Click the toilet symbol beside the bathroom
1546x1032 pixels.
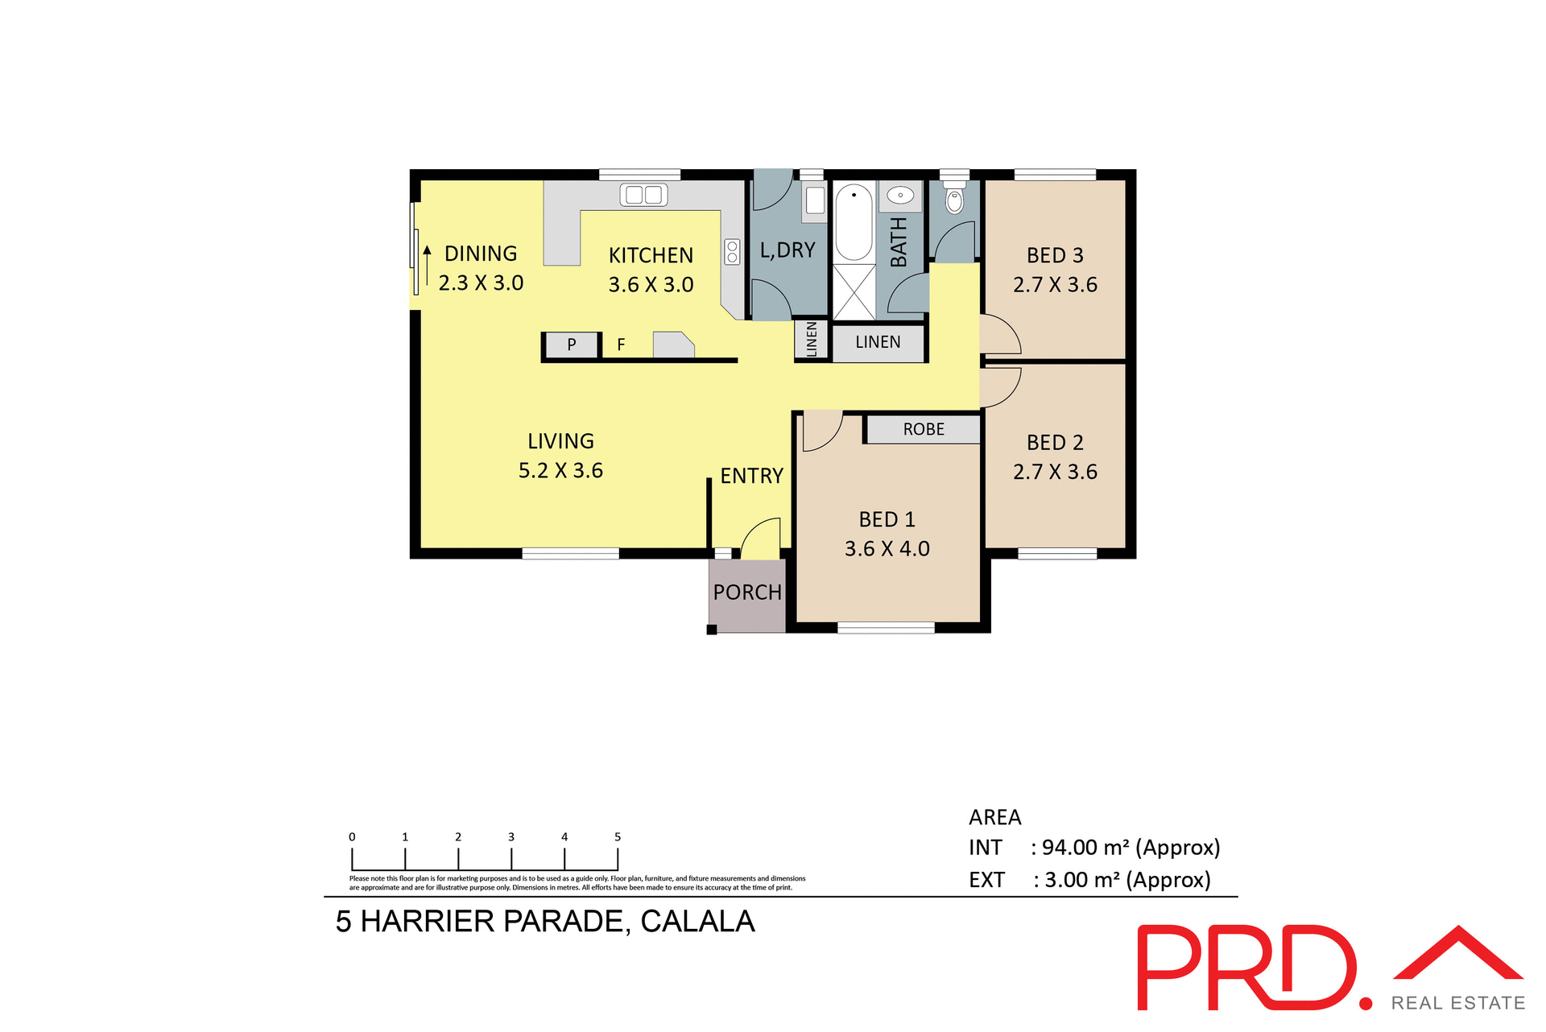point(954,200)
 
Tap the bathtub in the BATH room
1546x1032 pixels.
point(854,221)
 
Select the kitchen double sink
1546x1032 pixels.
point(643,194)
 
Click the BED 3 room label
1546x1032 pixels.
point(1055,255)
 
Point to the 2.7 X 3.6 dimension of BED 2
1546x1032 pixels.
point(1055,472)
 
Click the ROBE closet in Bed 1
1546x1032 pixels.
point(924,429)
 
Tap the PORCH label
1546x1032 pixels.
point(747,592)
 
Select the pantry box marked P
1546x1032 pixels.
point(572,345)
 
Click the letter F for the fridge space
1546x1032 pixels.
point(621,345)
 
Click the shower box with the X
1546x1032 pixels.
point(854,291)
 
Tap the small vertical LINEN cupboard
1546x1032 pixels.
point(812,339)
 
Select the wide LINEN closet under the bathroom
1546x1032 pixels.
point(878,343)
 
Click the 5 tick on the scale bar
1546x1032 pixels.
point(618,837)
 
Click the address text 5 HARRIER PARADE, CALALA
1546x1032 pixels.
point(545,921)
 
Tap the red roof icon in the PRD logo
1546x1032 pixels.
point(1458,955)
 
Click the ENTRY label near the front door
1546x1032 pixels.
point(751,476)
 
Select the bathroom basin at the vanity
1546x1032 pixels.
point(900,195)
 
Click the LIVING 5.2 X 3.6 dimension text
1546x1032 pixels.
point(560,470)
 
